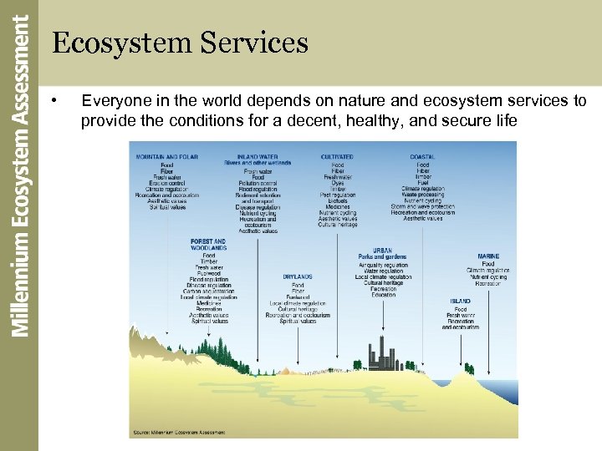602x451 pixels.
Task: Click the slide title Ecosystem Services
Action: (180, 43)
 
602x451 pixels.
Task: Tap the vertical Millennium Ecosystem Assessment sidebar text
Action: (20, 175)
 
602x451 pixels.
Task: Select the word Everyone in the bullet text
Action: (112, 101)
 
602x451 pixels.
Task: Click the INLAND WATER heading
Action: (258, 157)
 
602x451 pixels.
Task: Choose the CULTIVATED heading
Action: (337, 157)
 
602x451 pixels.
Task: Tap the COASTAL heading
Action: (422, 157)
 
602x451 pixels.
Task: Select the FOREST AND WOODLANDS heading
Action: (208, 245)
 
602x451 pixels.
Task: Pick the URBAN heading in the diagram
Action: (382, 250)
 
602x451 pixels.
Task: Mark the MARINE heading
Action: (489, 256)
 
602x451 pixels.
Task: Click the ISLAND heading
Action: (460, 302)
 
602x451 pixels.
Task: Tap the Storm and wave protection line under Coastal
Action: (422, 206)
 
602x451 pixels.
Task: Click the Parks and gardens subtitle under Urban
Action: (382, 257)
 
